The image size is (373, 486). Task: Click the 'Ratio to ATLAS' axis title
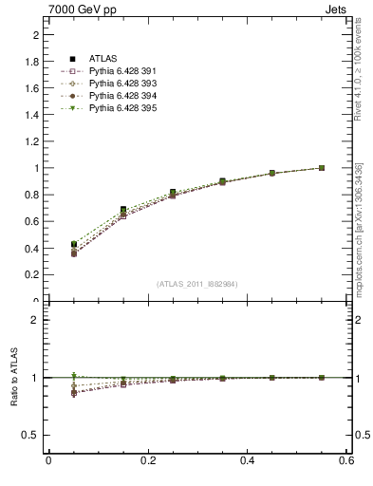[x=14, y=378]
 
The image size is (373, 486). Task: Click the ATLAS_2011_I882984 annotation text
[x=197, y=284]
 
